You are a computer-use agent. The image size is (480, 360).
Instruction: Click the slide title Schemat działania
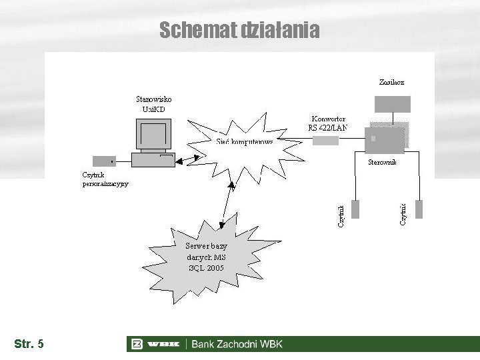239,30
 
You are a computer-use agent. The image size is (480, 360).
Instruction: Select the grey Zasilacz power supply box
391,103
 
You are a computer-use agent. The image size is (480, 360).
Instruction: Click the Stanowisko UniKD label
153,104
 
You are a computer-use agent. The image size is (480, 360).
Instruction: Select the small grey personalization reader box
104,161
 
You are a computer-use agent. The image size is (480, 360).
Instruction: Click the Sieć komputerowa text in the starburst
245,141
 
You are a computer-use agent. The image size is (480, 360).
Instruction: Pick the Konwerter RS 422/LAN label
327,123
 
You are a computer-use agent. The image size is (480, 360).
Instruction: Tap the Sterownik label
383,162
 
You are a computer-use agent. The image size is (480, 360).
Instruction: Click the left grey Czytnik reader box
355,209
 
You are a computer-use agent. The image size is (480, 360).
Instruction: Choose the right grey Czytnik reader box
419,209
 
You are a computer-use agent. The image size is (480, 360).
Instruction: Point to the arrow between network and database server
228,203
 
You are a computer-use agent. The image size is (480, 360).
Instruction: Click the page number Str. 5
29,344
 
